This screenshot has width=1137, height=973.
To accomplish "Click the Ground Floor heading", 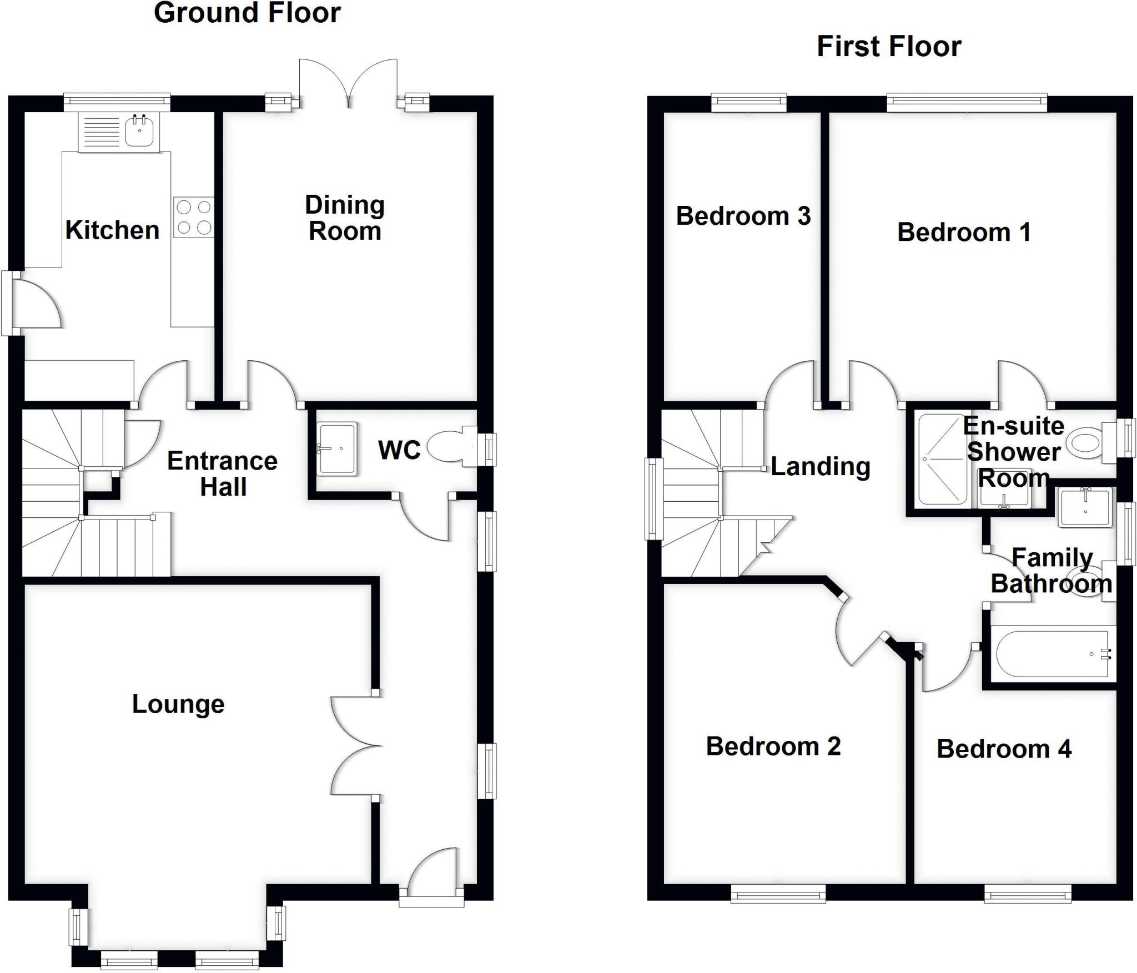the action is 247,13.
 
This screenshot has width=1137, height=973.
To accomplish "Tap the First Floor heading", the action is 889,47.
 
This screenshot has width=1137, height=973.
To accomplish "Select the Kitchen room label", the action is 113,230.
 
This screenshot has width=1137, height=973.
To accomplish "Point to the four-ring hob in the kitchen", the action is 194,218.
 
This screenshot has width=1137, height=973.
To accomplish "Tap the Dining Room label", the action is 345,218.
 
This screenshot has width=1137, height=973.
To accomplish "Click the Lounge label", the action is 178,704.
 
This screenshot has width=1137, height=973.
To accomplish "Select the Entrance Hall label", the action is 223,474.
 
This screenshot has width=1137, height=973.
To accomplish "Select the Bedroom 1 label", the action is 964,232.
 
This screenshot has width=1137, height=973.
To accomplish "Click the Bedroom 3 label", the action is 743,216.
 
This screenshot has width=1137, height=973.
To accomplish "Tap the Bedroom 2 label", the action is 773,747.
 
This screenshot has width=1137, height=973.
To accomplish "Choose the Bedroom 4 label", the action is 1004,749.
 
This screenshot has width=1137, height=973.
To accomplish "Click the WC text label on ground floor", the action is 400,450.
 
